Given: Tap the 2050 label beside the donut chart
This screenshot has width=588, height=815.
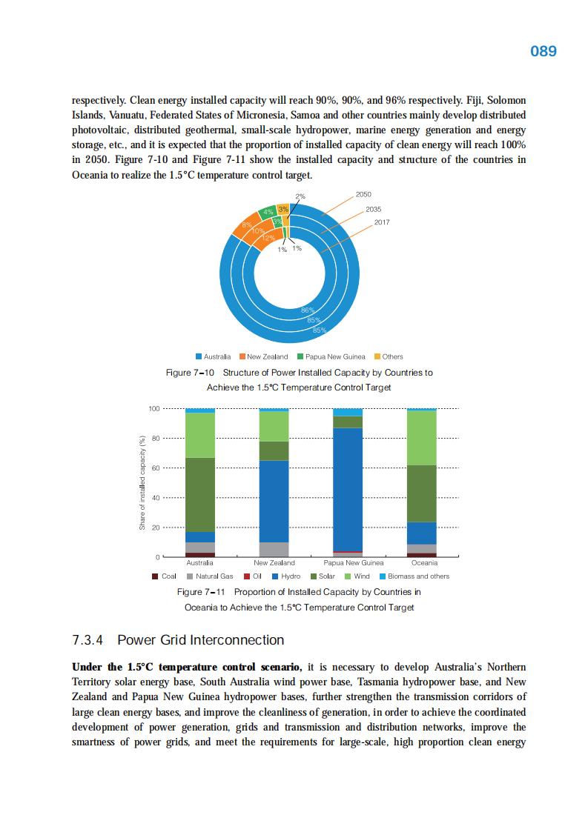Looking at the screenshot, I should pos(363,194).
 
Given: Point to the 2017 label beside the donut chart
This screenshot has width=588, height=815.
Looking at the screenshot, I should pos(382,222).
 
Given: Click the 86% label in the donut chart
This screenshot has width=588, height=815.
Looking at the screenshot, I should pos(308,310).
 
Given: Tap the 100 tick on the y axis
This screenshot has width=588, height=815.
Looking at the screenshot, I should pos(154,408).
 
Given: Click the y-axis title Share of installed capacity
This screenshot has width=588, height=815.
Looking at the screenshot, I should pos(141,482).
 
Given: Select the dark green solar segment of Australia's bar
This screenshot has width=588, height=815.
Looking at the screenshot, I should pos(200,494).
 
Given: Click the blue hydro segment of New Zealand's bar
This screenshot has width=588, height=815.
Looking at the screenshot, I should pos(274,501).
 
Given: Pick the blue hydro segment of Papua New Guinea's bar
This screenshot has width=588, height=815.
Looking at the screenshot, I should pos(348,489).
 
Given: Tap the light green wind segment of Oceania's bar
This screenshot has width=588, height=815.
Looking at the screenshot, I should pos(422,437).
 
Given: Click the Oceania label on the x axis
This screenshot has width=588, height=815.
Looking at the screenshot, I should pos(424,563).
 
